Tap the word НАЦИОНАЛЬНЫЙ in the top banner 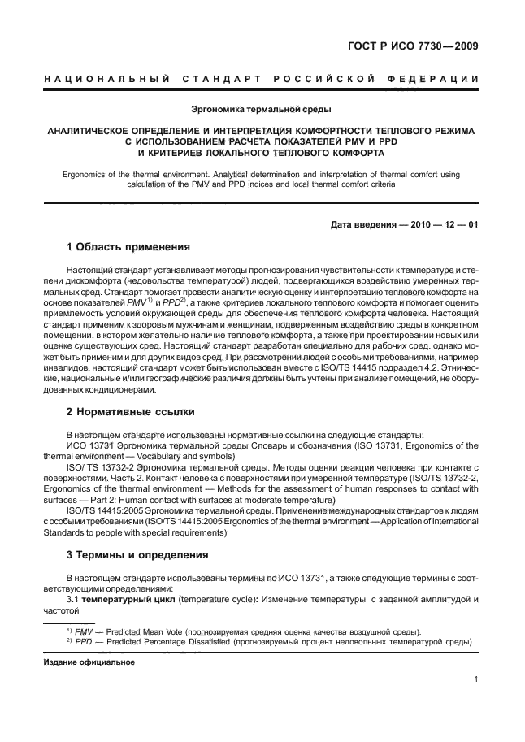click(104, 79)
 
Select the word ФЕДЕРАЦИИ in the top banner click(436, 79)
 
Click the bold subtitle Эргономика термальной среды click(261, 108)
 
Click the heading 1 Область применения click(128, 247)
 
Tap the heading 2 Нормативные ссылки click(129, 411)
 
